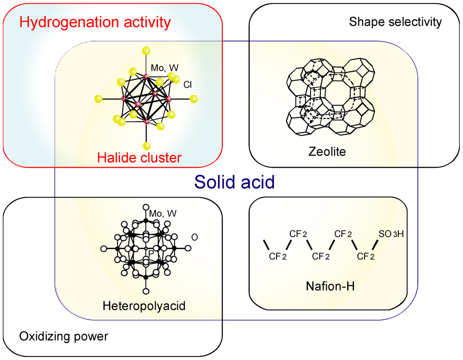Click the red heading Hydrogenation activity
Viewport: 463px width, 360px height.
pyautogui.click(x=95, y=21)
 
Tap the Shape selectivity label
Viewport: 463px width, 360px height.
pyautogui.click(x=395, y=22)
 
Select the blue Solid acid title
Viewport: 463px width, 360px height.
pyautogui.click(x=234, y=182)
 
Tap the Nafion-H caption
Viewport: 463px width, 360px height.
pyautogui.click(x=330, y=285)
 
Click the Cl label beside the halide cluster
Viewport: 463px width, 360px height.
pyautogui.click(x=188, y=84)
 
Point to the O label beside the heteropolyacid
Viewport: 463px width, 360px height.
pyautogui.click(x=194, y=237)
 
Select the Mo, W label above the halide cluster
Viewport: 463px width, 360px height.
pyautogui.click(x=165, y=67)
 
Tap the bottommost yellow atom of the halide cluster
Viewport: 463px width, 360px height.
pyautogui.click(x=146, y=146)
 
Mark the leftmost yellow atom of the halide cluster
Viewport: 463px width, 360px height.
pyautogui.click(x=99, y=98)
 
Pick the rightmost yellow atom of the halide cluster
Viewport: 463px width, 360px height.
pyautogui.click(x=194, y=98)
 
